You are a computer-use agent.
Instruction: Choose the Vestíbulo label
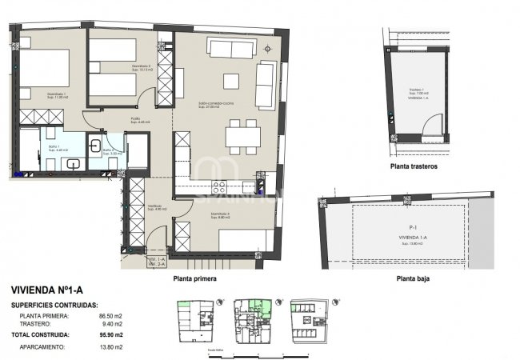click(154, 207)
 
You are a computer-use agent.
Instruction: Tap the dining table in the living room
click(241, 135)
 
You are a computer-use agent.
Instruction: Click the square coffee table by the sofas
click(231, 81)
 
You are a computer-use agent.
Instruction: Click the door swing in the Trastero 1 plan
click(431, 125)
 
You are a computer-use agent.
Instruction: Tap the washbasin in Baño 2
click(96, 146)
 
